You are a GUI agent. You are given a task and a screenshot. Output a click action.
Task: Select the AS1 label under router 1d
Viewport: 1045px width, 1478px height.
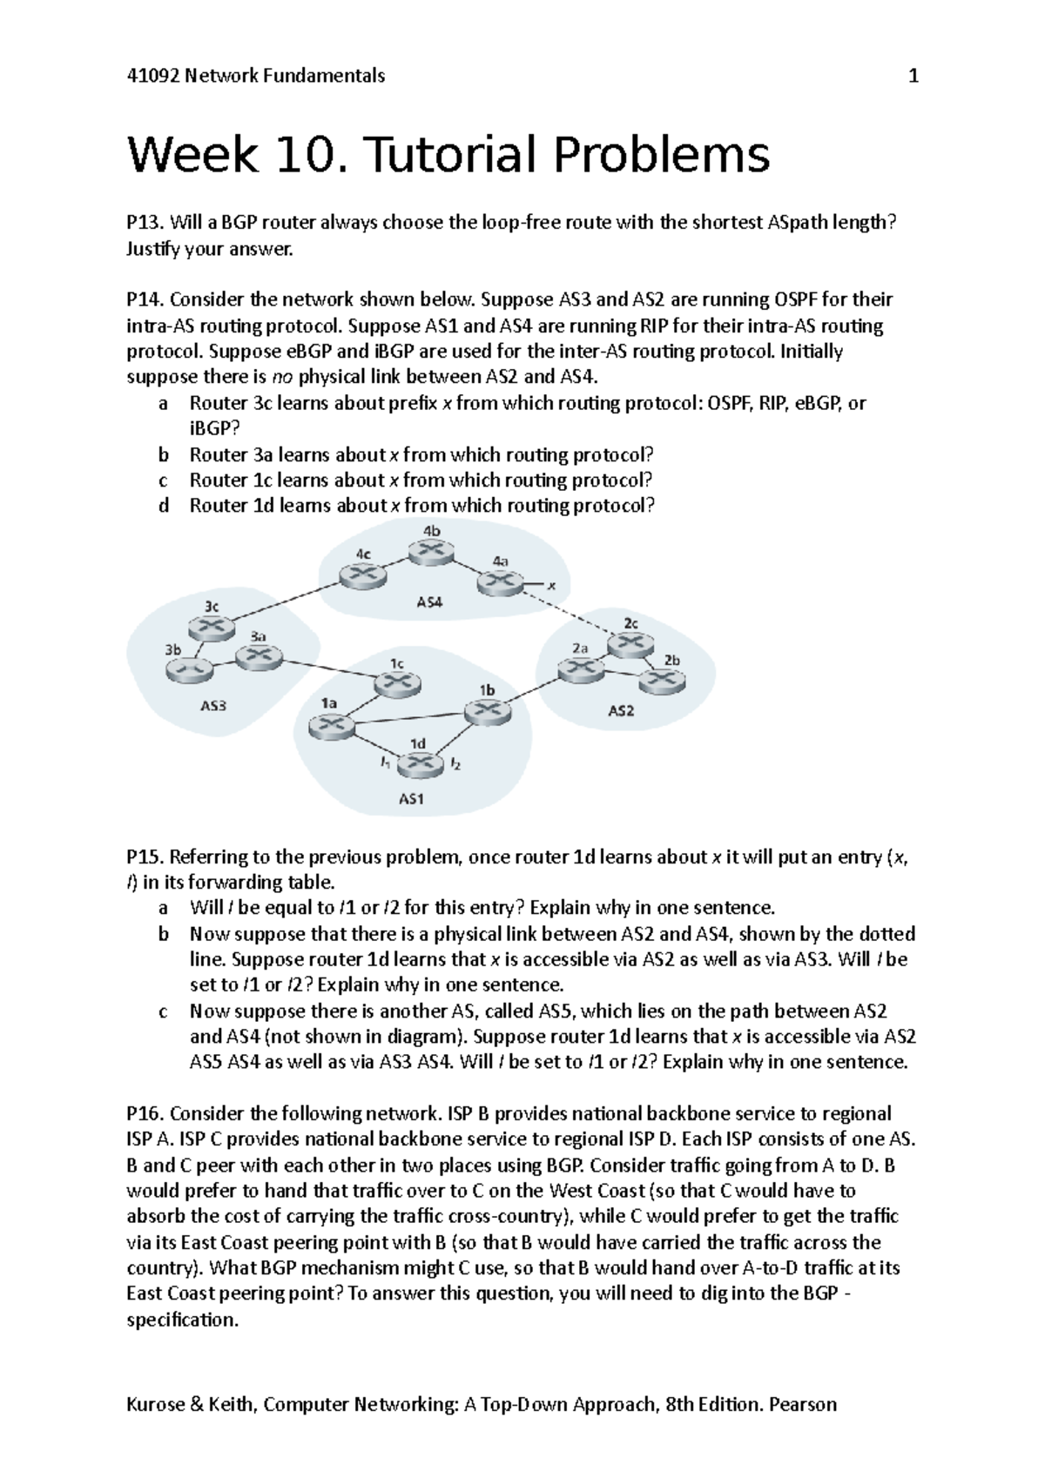click(x=411, y=800)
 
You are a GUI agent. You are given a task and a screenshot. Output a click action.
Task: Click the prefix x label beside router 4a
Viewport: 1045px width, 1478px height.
click(x=550, y=585)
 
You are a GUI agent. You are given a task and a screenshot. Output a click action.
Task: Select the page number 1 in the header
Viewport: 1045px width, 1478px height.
click(x=914, y=76)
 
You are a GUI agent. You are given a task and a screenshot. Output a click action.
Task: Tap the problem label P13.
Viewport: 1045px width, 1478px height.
click(x=145, y=223)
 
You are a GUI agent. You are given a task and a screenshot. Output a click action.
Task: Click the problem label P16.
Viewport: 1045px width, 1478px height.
click(x=145, y=1113)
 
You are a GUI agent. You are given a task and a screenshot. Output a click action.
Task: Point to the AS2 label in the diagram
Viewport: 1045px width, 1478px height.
click(x=621, y=710)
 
